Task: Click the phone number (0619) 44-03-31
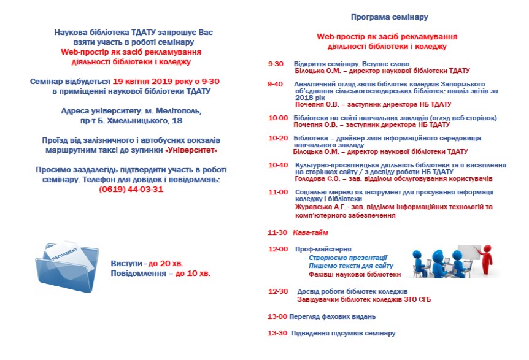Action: (131, 190)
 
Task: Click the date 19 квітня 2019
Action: (145, 81)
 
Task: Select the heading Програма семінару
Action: (389, 17)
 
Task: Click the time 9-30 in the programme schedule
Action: (276, 64)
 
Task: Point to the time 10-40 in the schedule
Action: (278, 165)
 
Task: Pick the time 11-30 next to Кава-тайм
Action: (277, 232)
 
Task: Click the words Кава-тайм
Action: (311, 232)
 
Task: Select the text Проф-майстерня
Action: (323, 250)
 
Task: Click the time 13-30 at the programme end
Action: (277, 333)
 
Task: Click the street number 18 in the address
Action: (177, 121)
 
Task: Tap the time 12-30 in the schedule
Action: (278, 291)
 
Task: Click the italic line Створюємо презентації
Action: (348, 258)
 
